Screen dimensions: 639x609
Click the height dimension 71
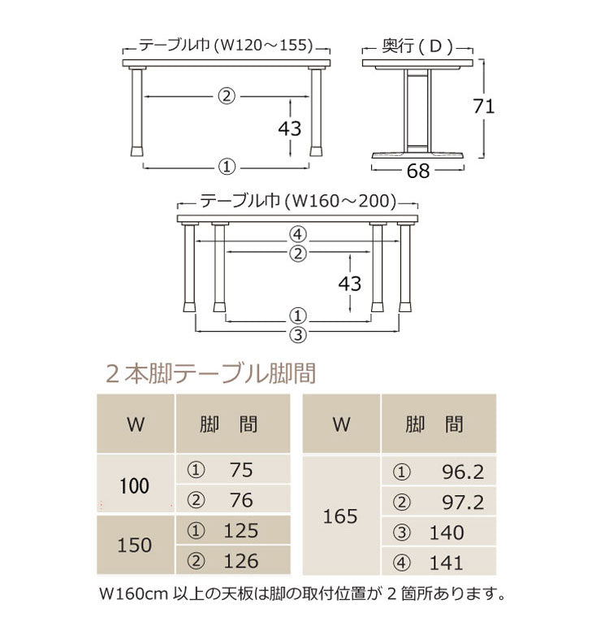[x=484, y=106]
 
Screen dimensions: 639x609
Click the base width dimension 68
[x=418, y=171]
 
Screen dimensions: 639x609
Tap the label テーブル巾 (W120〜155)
[x=226, y=46]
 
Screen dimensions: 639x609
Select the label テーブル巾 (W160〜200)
[x=298, y=200]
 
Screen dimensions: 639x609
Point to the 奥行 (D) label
[x=417, y=46]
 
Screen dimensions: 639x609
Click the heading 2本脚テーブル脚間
[x=210, y=374]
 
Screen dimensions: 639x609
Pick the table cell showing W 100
[x=135, y=486]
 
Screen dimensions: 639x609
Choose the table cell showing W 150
[x=135, y=545]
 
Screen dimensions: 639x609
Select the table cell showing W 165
[x=340, y=516]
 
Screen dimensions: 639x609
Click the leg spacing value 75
[x=241, y=470]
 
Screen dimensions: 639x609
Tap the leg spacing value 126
[x=241, y=561]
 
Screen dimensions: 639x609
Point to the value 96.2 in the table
[x=463, y=472]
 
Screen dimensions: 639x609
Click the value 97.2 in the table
[x=463, y=502]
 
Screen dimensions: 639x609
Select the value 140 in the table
[x=447, y=532]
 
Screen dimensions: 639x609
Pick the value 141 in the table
[x=447, y=563]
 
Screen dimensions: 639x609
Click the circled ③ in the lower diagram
[x=298, y=333]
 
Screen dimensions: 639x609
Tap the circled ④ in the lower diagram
[x=298, y=234]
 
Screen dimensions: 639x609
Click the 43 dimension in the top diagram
[x=290, y=128]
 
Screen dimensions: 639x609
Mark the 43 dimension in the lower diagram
[x=349, y=283]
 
